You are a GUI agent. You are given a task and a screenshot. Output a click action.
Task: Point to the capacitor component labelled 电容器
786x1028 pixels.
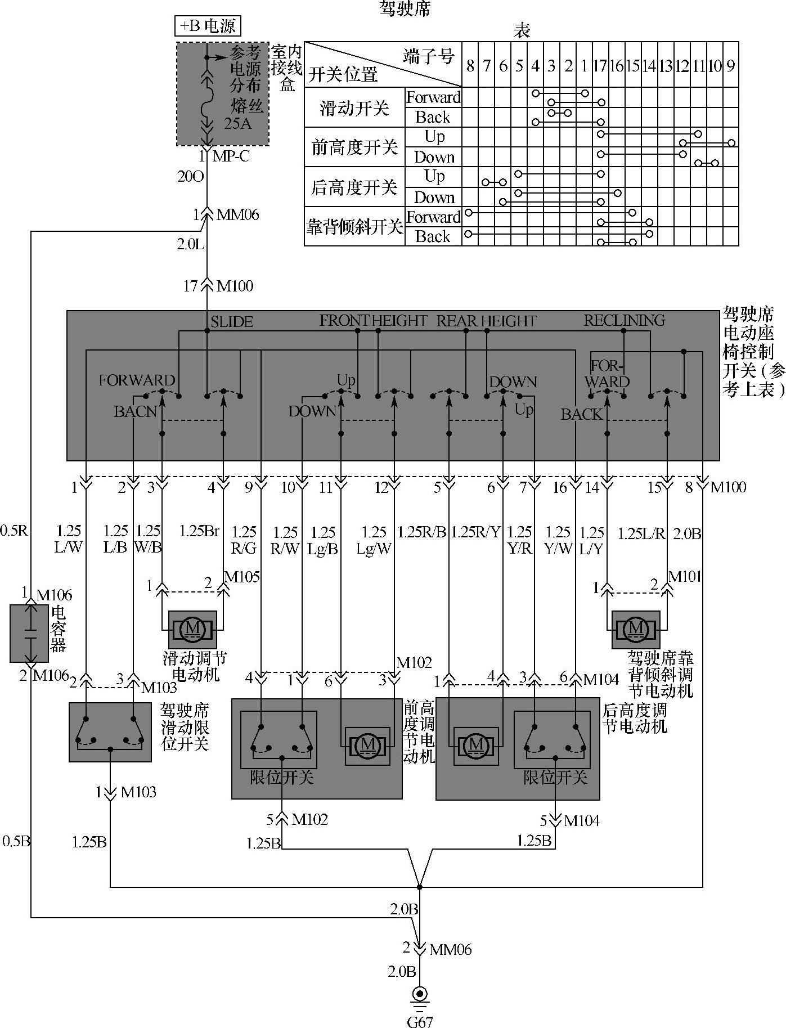coord(30,634)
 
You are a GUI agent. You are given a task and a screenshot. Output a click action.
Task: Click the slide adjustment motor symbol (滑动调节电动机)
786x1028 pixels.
coord(192,629)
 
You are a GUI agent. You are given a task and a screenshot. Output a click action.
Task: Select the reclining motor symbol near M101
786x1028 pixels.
coord(636,629)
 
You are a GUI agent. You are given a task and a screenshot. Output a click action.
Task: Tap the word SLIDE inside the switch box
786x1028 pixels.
coord(232,322)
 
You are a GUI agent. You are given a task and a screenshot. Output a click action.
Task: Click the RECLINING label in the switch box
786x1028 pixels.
coord(624,321)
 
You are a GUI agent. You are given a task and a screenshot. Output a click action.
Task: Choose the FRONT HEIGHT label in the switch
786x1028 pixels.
coord(373,321)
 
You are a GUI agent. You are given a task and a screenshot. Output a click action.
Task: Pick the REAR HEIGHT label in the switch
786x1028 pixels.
coord(486,321)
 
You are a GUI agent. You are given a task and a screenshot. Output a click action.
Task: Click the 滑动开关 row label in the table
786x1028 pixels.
coord(354,107)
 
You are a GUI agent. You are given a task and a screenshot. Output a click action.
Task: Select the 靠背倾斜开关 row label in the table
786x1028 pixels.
coord(354,227)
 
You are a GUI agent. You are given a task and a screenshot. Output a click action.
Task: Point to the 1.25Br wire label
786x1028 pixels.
coord(199,531)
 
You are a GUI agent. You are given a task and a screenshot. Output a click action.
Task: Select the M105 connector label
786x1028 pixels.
coord(242,577)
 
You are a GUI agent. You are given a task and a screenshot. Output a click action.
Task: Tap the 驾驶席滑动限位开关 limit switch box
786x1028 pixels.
coord(110,731)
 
